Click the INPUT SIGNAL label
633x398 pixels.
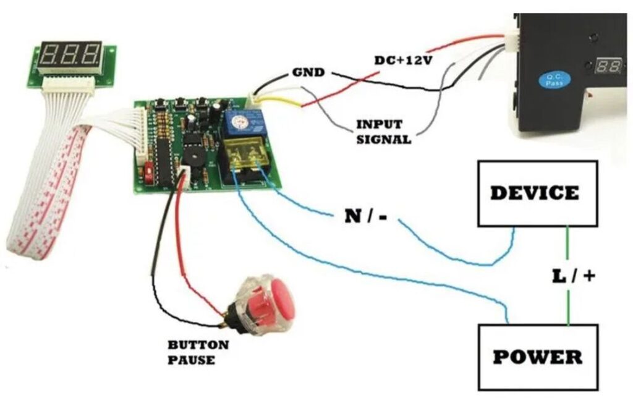pyautogui.click(x=383, y=132)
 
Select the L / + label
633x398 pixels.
pyautogui.click(x=573, y=276)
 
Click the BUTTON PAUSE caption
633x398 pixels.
pyautogui.click(x=197, y=352)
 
